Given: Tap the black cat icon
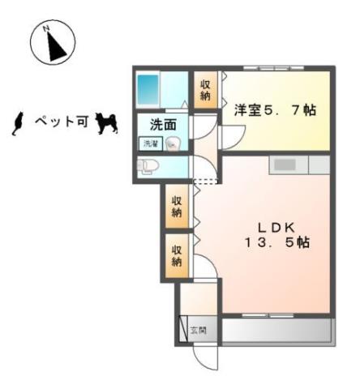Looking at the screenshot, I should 15,122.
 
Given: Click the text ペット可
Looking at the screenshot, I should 61,123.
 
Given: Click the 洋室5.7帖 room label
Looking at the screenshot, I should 275,110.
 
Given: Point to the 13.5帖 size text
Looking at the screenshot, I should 276,242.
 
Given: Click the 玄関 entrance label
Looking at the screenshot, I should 199,330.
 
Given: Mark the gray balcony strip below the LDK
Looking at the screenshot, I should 276,331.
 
